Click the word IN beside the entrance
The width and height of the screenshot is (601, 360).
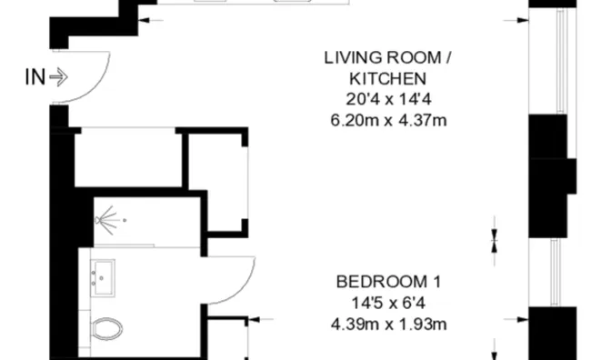(x=35, y=77)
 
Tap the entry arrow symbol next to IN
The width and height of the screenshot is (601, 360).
(x=58, y=77)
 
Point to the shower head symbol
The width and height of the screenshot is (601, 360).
(x=107, y=220)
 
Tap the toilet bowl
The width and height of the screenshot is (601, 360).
(x=107, y=329)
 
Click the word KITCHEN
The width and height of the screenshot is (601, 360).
(x=387, y=78)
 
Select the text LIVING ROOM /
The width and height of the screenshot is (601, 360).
(x=387, y=58)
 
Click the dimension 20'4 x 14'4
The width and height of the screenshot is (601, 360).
(x=388, y=100)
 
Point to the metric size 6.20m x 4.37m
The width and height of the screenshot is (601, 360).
(x=388, y=120)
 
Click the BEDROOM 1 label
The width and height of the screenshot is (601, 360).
(x=388, y=282)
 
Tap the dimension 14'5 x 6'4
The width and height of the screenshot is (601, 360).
(x=388, y=304)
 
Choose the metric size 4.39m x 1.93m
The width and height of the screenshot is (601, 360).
(x=388, y=325)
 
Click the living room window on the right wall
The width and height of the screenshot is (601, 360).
(x=562, y=61)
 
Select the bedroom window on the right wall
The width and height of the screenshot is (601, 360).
(x=556, y=272)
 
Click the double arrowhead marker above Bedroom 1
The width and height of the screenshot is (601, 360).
(x=494, y=241)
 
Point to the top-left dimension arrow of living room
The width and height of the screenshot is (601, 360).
(x=150, y=20)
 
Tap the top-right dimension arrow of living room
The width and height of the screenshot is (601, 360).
(x=516, y=20)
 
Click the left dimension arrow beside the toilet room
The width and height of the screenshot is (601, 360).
(x=261, y=319)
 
